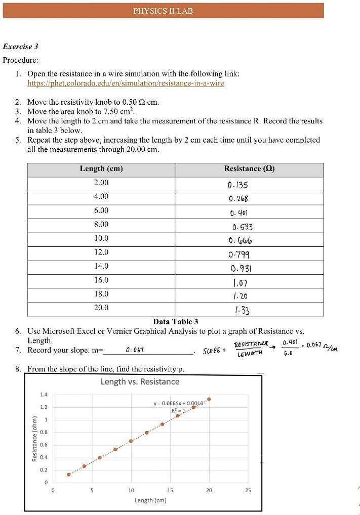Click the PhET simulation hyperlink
tap(126, 83)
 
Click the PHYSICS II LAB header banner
tap(163, 11)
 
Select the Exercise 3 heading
tap(21, 47)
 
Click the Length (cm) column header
tap(101, 169)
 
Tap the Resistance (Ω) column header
tap(249, 169)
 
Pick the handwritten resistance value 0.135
tap(238, 185)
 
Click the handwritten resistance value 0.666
tap(239, 240)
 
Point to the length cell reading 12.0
tap(101, 252)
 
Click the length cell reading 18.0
tap(101, 293)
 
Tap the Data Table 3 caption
tap(175, 321)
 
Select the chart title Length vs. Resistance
tap(140, 381)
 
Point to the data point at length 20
tap(209, 399)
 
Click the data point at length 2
tap(68, 475)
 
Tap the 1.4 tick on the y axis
tap(44, 394)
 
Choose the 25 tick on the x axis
tap(248, 490)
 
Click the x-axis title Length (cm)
tap(150, 500)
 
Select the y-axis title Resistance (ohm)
tap(34, 439)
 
